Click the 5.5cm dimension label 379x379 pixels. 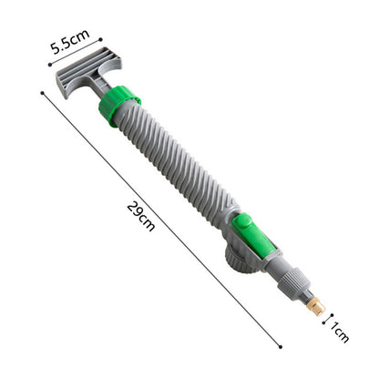coord(70,41)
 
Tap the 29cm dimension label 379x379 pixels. coord(141,216)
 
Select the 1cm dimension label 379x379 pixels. coord(339,332)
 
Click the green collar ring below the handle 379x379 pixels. coord(119,106)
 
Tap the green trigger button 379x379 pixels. coord(253,236)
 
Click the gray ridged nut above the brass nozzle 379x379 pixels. coord(294,284)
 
